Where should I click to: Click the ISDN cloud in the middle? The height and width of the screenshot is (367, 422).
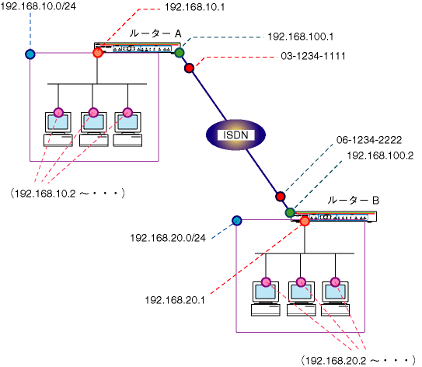(x=235, y=135)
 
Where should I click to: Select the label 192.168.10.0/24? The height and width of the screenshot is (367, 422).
(x=38, y=6)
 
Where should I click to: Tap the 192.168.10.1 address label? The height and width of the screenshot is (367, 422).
(x=194, y=7)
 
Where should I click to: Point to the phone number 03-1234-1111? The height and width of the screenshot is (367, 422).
(x=313, y=56)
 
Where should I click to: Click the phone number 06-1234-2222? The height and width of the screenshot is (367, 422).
(x=369, y=140)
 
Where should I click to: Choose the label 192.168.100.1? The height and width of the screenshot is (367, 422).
(x=301, y=37)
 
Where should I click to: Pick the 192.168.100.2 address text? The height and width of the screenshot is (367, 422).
(x=380, y=156)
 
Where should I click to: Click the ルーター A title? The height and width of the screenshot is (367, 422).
(x=155, y=33)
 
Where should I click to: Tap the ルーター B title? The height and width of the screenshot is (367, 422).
(x=353, y=201)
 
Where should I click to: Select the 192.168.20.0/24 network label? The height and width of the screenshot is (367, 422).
(x=168, y=238)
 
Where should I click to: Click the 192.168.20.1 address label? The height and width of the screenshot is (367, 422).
(x=175, y=300)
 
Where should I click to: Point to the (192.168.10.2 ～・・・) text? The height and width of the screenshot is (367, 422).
(x=68, y=194)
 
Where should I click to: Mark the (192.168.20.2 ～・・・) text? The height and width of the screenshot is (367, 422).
(x=358, y=361)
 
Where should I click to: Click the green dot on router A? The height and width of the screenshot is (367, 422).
(x=180, y=53)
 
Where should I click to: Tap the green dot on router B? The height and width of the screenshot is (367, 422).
(x=290, y=213)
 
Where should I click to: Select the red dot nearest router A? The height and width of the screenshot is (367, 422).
(x=189, y=68)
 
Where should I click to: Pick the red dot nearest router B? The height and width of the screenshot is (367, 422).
(x=280, y=196)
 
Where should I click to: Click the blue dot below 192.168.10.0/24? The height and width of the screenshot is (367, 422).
(x=30, y=54)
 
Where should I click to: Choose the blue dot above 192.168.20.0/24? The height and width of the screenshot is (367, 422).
(x=237, y=221)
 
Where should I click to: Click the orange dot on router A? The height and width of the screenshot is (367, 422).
(x=98, y=53)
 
